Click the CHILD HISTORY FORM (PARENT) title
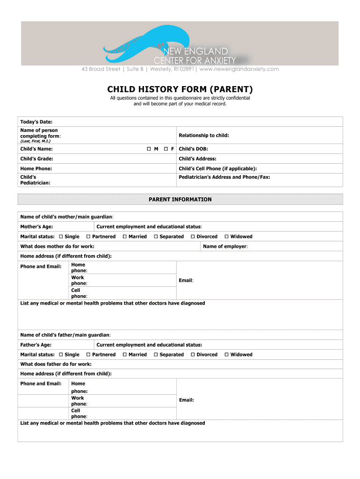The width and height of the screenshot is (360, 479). pyautogui.click(x=180, y=89)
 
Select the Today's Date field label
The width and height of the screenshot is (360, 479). pyautogui.click(x=33, y=122)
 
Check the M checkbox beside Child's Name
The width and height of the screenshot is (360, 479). pyautogui.click(x=149, y=149)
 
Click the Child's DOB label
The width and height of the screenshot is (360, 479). pyautogui.click(x=193, y=149)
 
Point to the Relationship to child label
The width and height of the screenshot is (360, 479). pyautogui.click(x=204, y=135)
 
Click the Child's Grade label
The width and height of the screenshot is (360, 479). pyautogui.click(x=36, y=159)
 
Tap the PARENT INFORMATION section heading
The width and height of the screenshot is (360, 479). pyautogui.click(x=180, y=199)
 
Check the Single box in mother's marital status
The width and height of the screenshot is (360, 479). pyautogui.click(x=61, y=237)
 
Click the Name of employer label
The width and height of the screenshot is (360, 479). pyautogui.click(x=225, y=246)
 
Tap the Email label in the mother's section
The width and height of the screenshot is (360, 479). pyautogui.click(x=186, y=280)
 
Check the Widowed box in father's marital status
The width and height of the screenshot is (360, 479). pyautogui.click(x=227, y=355)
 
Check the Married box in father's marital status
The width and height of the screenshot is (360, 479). pyautogui.click(x=125, y=355)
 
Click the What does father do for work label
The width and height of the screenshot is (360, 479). pyautogui.click(x=56, y=364)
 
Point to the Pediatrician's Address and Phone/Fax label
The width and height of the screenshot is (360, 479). pyautogui.click(x=224, y=177)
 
